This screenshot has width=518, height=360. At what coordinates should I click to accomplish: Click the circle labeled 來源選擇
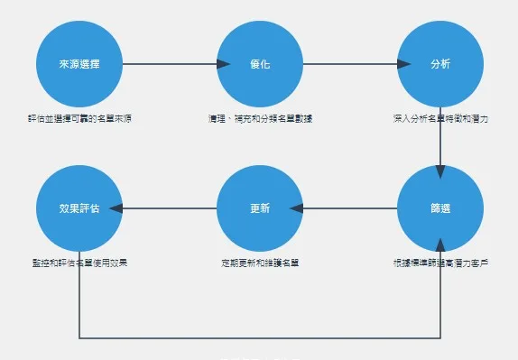tap(79, 64)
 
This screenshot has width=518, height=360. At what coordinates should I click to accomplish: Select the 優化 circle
tap(260, 64)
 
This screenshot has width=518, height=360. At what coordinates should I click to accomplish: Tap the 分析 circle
tap(440, 64)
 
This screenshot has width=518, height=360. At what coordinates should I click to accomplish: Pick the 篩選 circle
tap(440, 208)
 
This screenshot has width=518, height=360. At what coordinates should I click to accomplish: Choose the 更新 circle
tap(260, 208)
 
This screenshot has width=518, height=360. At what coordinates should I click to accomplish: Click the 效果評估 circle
tap(79, 208)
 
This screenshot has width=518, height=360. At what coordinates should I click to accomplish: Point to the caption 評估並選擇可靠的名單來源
tap(79, 118)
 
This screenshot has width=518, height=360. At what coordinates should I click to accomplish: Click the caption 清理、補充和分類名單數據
tap(260, 118)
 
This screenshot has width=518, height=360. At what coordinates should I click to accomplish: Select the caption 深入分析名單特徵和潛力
tap(440, 118)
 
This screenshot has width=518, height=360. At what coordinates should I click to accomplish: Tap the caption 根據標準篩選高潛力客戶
tap(440, 263)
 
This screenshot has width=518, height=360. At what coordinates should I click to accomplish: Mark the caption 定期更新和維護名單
tap(260, 263)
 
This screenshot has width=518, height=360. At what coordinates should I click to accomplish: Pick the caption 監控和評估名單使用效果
tap(79, 263)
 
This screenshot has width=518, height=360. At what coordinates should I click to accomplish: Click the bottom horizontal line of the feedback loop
tap(260, 338)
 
